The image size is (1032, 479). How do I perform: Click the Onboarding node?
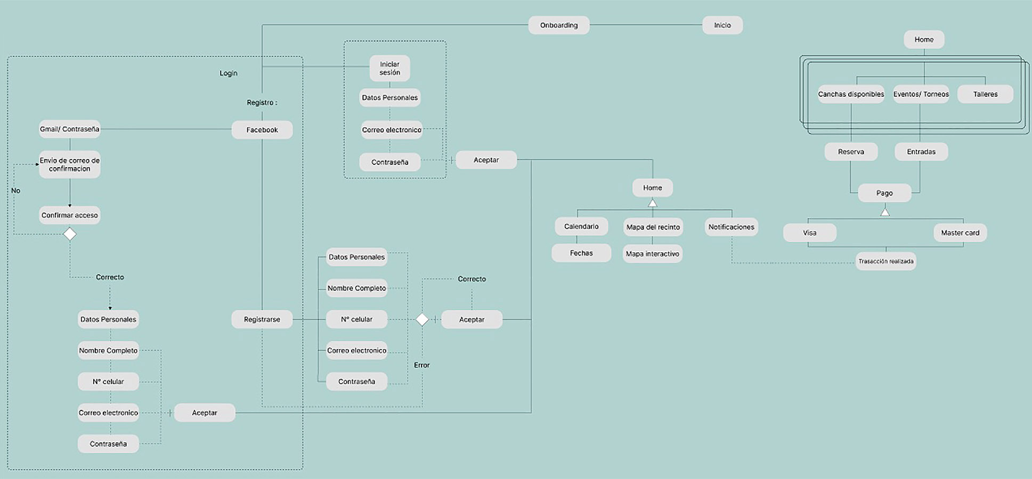point(558,25)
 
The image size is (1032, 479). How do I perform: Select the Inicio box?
point(722,25)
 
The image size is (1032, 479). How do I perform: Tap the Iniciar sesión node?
point(389,68)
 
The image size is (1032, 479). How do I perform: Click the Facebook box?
point(262,130)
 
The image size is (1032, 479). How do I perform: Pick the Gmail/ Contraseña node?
point(69,129)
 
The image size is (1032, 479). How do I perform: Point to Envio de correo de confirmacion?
point(69,164)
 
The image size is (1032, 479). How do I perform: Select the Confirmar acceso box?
point(69,215)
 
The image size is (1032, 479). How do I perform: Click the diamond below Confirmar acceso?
point(70,234)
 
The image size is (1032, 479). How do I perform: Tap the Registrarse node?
point(262,319)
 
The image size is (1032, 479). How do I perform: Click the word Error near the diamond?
point(421,365)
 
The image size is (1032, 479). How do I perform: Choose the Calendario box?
point(581,226)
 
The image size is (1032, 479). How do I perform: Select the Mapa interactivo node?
point(652,254)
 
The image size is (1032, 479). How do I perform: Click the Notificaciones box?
point(731,227)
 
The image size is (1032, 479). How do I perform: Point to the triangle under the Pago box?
point(884,212)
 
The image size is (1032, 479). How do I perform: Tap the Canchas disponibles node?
point(851,94)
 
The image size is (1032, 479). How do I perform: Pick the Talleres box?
point(985,94)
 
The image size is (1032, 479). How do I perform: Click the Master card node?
point(960,233)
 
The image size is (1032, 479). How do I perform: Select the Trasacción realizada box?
point(885,261)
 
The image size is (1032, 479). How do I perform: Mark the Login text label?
point(229,73)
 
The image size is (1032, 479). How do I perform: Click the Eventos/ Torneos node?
point(921,94)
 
